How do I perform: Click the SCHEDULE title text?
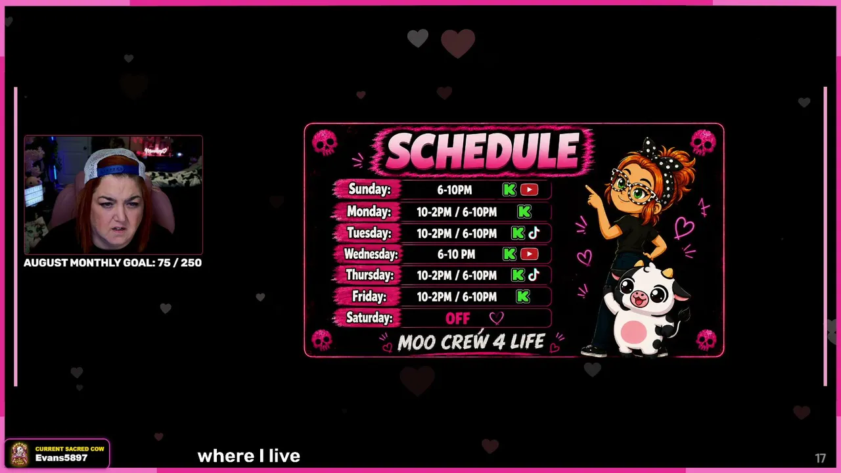click(482, 151)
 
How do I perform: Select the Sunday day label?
click(369, 189)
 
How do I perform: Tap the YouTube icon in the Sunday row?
click(529, 190)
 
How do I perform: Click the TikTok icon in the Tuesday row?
click(534, 233)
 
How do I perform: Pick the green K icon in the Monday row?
click(524, 212)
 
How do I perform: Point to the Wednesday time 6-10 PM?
click(456, 254)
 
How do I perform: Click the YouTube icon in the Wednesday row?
click(529, 254)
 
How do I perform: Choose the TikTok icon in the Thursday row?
click(534, 275)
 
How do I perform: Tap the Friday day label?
click(369, 297)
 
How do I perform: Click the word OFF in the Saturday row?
click(458, 319)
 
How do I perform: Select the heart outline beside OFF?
click(496, 319)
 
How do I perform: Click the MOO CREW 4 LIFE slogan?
click(471, 342)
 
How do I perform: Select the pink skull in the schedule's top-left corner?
click(325, 143)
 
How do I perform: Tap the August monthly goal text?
click(112, 263)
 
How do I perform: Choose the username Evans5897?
click(61, 458)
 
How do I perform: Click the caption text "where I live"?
click(248, 457)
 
